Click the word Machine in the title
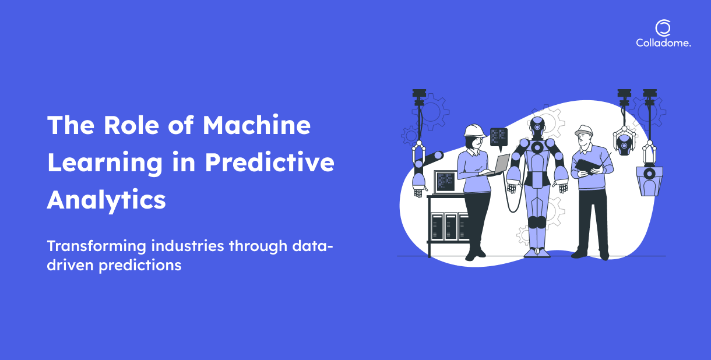tap(256, 125)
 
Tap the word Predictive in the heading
tap(269, 162)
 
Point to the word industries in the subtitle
tap(188, 246)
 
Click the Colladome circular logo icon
tap(663, 28)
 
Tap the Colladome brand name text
tap(663, 43)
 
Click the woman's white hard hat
tap(474, 130)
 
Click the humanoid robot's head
tap(537, 127)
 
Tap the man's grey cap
tap(583, 130)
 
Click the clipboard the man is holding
tap(587, 166)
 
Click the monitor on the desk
tap(445, 182)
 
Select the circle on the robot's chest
tap(537, 147)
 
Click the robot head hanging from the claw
tap(624, 144)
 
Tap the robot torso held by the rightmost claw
tap(649, 181)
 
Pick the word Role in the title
tap(131, 125)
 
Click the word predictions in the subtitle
tap(140, 266)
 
